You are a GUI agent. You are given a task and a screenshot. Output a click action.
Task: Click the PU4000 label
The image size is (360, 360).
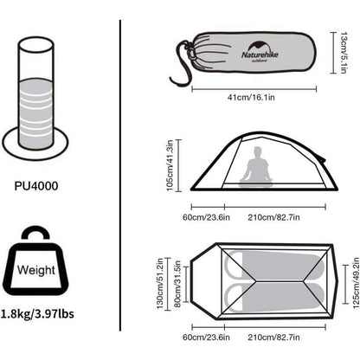[x=36, y=186]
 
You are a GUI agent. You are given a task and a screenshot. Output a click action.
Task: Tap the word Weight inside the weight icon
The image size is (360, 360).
[x=36, y=270]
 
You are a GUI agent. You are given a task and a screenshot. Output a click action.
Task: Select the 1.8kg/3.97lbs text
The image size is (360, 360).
[x=37, y=313]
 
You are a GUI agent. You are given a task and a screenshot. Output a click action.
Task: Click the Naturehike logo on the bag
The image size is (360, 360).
[x=260, y=51]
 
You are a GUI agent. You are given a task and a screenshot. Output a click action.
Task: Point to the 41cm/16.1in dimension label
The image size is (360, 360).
[x=251, y=97]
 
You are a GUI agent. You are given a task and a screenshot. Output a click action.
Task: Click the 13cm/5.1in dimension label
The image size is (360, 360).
[x=344, y=53]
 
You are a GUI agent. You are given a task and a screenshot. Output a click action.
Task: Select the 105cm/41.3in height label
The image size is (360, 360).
[x=170, y=165]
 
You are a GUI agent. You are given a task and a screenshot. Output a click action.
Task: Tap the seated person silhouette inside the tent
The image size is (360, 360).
[x=256, y=167]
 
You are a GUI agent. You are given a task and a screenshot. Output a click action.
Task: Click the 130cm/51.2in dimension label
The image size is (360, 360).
[x=160, y=284]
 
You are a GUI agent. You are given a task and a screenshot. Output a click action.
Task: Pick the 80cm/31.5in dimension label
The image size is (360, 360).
[x=177, y=284]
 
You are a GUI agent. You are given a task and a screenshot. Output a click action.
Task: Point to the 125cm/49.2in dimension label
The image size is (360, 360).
[x=356, y=283]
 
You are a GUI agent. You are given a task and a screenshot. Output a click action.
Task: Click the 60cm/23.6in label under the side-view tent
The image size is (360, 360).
[x=206, y=217]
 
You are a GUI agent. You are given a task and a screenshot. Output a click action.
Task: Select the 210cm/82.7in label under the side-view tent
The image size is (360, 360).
[x=273, y=217]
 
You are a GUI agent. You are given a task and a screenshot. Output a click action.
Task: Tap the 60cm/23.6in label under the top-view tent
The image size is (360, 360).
[x=206, y=337]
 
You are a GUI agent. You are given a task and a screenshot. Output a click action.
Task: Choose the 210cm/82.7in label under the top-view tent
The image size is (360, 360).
[x=273, y=337]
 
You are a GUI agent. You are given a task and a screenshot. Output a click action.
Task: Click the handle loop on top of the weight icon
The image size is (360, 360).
[x=35, y=231]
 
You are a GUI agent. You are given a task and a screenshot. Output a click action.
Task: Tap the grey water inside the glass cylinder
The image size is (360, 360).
[x=36, y=112]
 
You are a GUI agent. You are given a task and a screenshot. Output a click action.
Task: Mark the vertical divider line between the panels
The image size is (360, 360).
[x=119, y=176]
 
